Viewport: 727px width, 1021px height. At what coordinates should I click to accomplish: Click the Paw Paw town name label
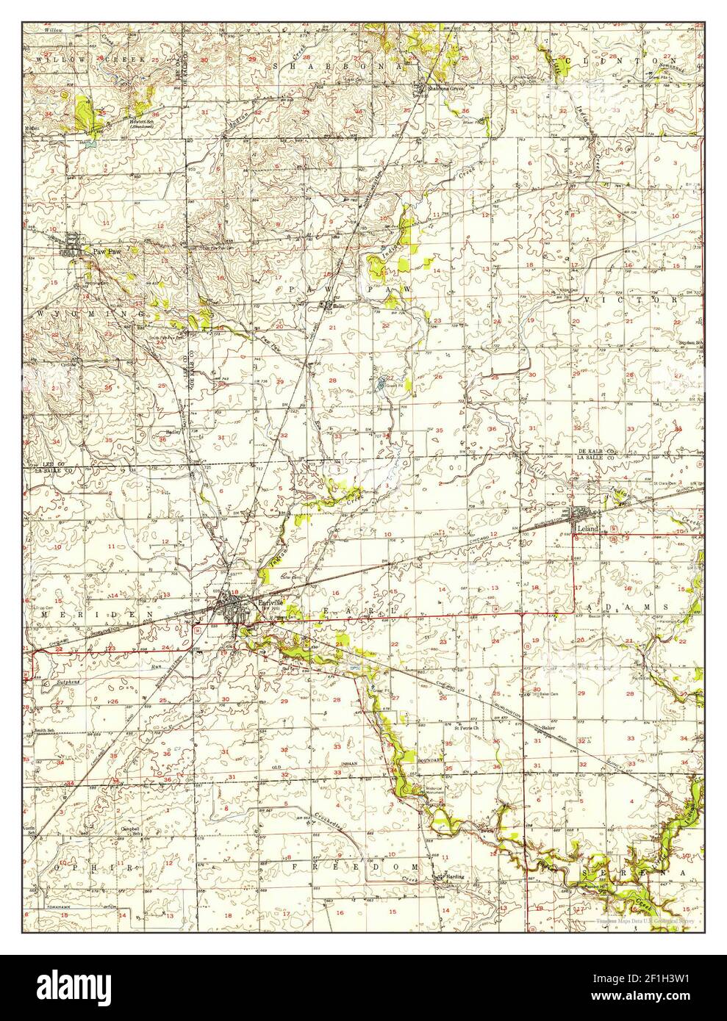(105, 250)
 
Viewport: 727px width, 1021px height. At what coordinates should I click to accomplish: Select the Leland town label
(588, 528)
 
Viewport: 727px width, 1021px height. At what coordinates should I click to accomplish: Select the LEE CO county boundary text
(48, 465)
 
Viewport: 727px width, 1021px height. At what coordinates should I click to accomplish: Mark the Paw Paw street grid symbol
(74, 244)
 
